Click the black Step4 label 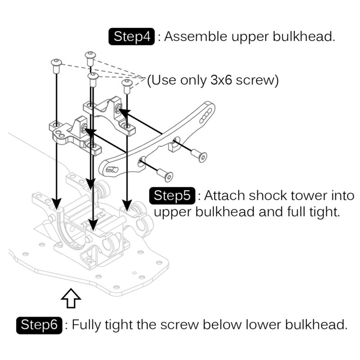(132, 36)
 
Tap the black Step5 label (172, 196)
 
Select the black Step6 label (39, 324)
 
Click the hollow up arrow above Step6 (71, 298)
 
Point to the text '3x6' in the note (221, 81)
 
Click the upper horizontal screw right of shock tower (198, 154)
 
